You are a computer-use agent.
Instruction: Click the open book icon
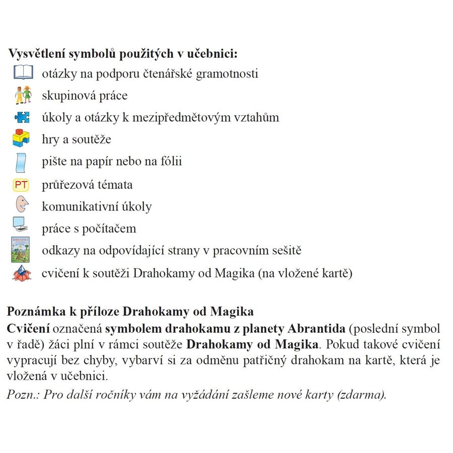[22, 73]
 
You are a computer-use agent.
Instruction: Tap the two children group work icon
[23, 95]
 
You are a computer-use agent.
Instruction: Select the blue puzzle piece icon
[22, 117]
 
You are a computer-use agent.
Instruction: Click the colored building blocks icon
[21, 138]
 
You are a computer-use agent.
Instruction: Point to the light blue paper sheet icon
[22, 162]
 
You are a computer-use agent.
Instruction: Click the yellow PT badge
[21, 185]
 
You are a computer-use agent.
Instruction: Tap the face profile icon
[21, 205]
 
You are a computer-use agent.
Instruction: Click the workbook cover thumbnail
[21, 250]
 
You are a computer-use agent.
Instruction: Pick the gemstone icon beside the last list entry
[22, 273]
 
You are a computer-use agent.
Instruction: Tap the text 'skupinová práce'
[85, 96]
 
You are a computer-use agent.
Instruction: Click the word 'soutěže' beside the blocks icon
[92, 139]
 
